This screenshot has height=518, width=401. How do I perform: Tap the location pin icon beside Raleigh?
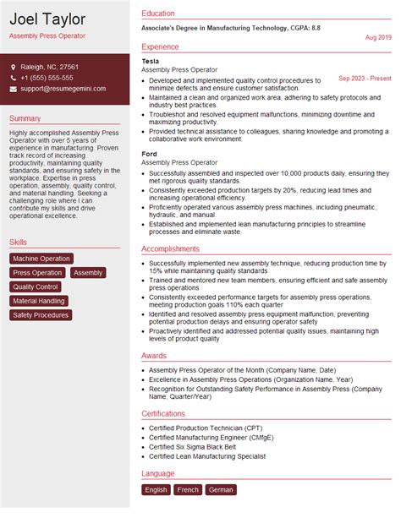click(14, 67)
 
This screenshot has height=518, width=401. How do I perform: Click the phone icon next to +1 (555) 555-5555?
click(14, 78)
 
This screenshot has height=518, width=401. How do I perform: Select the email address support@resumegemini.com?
click(63, 89)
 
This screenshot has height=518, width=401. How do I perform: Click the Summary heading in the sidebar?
click(25, 118)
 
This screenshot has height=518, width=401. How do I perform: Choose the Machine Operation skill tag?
click(41, 259)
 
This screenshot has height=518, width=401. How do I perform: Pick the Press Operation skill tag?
click(37, 273)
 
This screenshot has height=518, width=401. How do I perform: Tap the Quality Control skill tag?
click(36, 287)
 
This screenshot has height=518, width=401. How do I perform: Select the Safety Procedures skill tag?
click(41, 315)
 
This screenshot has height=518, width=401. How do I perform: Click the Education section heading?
click(158, 14)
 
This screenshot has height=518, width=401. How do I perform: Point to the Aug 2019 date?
click(378, 38)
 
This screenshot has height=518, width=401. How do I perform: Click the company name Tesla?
click(151, 62)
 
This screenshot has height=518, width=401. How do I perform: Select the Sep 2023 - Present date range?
click(365, 79)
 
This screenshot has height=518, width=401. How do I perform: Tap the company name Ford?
click(150, 152)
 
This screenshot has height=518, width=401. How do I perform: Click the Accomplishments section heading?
click(171, 249)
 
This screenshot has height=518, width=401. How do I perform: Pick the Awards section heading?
click(154, 356)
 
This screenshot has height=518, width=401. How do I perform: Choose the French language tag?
click(188, 489)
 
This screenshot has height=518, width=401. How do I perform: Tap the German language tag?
click(220, 489)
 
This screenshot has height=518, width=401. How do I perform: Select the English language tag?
click(157, 489)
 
